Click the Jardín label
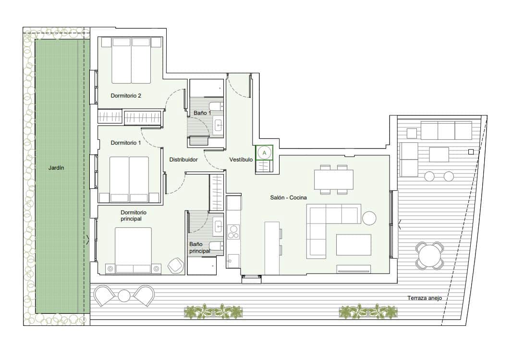56,168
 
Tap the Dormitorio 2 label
126,96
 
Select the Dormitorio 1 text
126,143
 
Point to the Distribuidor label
183,160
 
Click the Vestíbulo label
241,160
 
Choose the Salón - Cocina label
288,198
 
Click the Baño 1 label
203,113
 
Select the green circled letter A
264,152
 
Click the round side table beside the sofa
370,218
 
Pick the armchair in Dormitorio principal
175,265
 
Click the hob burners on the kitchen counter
233,232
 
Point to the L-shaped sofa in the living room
327,226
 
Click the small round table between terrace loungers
124,296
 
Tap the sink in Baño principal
219,225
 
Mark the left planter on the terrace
214,311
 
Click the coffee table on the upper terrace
439,154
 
